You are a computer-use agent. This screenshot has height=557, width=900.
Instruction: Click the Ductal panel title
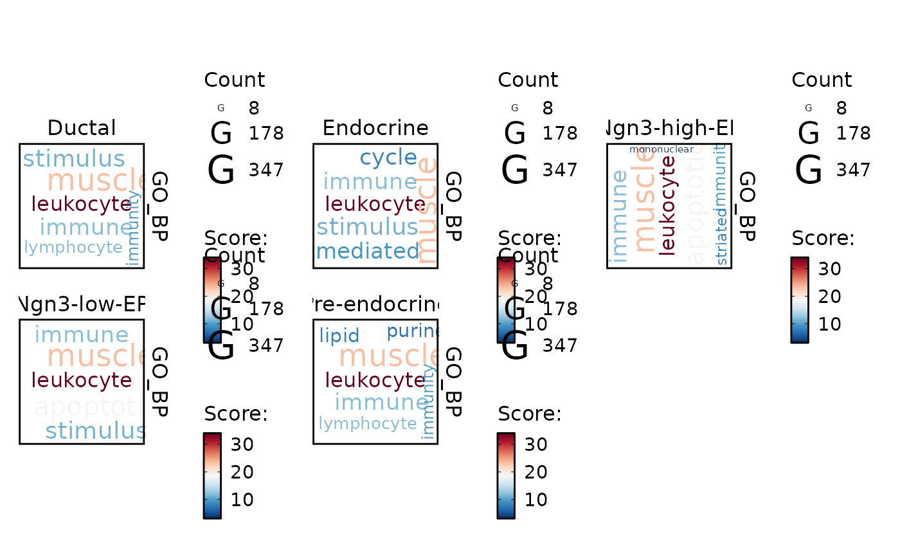click(x=82, y=128)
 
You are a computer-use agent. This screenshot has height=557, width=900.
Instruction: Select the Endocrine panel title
click(x=375, y=128)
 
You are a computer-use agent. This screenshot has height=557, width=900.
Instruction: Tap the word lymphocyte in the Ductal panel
click(x=73, y=247)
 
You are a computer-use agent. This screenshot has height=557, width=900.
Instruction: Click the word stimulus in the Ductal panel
click(x=74, y=158)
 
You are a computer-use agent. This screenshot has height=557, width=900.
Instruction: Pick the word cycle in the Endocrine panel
click(x=388, y=157)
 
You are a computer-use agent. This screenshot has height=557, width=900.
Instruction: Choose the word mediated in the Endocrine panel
click(x=367, y=251)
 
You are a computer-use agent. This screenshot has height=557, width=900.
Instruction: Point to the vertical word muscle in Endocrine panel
click(x=427, y=211)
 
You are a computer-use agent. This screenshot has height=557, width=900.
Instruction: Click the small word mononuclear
click(x=661, y=149)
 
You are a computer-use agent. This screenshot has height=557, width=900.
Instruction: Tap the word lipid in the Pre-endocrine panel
click(x=339, y=336)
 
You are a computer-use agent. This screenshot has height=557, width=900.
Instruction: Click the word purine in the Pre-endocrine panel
click(x=412, y=331)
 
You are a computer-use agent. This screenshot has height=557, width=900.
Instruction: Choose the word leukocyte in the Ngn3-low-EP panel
click(x=82, y=380)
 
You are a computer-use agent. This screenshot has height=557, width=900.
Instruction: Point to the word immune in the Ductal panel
click(x=85, y=227)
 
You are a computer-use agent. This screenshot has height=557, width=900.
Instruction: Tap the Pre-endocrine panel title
click(x=375, y=304)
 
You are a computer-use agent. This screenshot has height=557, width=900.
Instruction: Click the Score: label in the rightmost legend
click(x=823, y=238)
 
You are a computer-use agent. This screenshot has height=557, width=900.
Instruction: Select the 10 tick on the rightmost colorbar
click(x=830, y=324)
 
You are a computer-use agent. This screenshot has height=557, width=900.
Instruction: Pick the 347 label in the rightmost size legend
click(x=853, y=170)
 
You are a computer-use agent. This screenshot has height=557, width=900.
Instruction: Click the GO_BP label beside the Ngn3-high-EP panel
click(x=746, y=206)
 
